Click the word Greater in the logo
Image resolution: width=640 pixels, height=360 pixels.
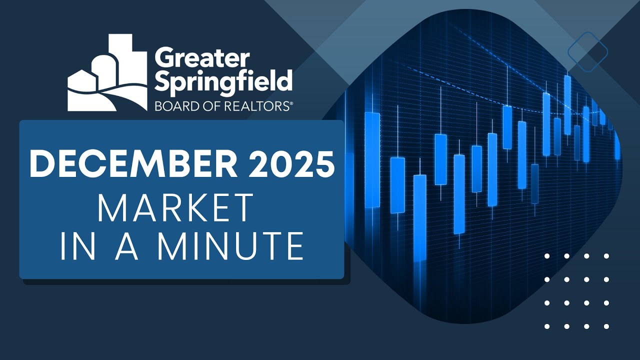click(201, 59)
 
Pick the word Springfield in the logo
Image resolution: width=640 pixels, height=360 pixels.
click(223, 81)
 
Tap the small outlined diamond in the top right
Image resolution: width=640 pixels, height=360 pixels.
click(588, 51)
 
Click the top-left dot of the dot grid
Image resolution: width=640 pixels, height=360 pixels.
click(547, 256)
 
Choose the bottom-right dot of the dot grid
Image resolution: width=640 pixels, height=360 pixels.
click(606, 326)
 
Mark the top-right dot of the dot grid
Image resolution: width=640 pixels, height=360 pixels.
click(606, 256)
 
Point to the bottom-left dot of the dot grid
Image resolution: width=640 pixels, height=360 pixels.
click(547, 326)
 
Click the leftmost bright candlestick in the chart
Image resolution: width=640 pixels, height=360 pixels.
click(372, 159)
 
